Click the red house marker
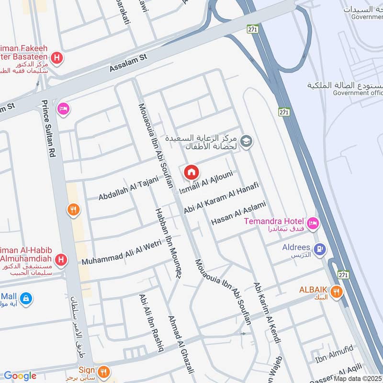click(x=191, y=172)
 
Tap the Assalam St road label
click(x=128, y=63)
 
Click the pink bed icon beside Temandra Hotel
click(x=313, y=224)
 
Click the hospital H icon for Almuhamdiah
click(x=61, y=260)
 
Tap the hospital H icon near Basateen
click(x=57, y=58)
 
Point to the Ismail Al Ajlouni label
click(x=207, y=185)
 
